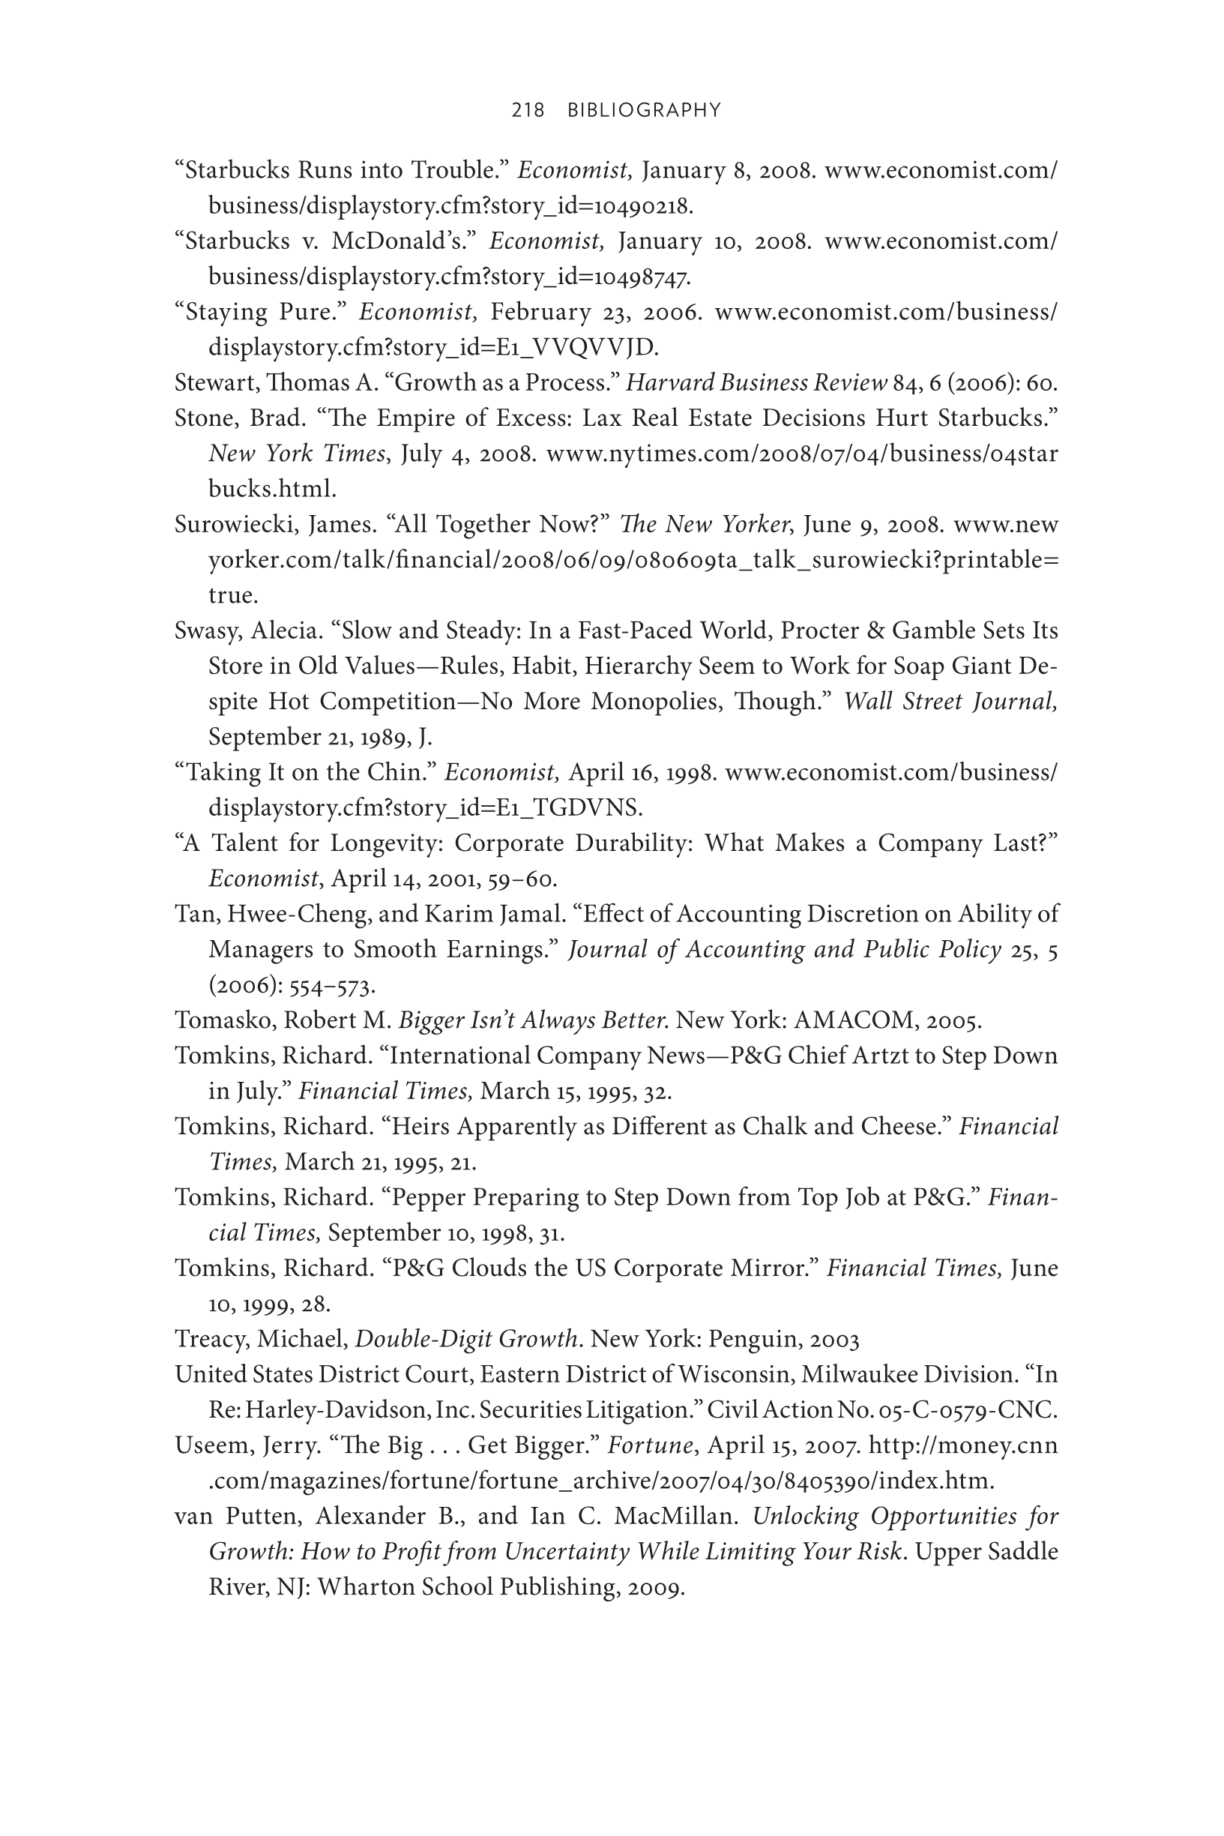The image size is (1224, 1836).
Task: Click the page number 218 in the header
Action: click(528, 110)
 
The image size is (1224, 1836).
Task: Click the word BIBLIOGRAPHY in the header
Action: click(644, 110)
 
